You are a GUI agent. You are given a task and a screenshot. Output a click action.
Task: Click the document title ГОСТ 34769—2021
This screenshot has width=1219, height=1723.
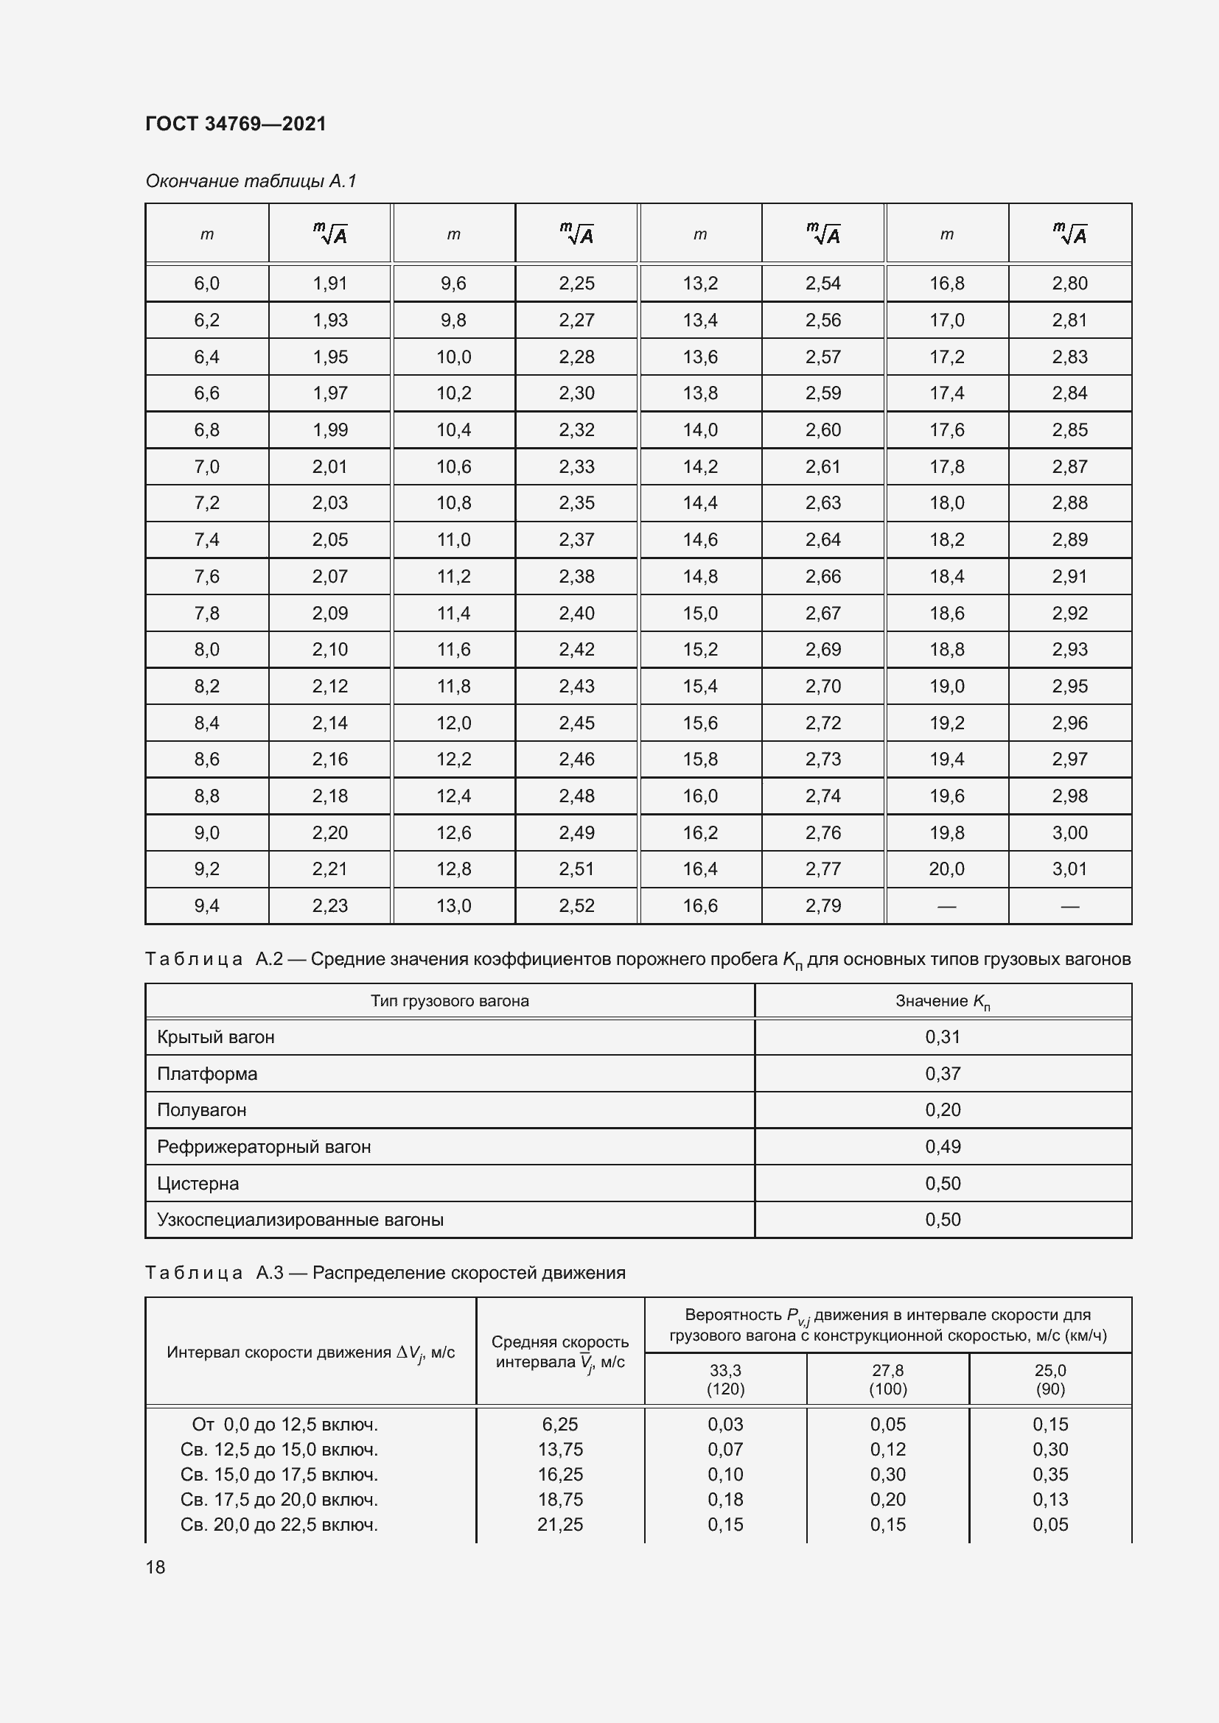236,124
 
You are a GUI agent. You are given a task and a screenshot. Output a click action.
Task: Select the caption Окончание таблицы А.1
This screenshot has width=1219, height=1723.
251,181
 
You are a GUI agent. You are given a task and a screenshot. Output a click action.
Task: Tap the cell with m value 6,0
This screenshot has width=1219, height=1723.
206,284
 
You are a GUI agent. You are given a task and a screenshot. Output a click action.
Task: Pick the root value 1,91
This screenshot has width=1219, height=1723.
329,284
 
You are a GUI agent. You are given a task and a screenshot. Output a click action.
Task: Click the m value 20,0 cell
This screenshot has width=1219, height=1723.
946,869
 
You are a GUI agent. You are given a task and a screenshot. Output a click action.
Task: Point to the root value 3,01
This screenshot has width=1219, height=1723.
1069,869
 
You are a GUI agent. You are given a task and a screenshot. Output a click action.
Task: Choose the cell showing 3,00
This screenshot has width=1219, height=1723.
1069,832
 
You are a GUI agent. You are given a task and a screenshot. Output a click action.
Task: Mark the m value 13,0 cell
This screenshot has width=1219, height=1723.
453,906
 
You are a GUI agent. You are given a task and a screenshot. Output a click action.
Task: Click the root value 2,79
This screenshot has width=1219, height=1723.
822,906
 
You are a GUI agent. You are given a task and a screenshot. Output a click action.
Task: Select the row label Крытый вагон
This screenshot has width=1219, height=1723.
216,1037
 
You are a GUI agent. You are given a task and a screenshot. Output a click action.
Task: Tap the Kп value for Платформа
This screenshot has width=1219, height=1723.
943,1074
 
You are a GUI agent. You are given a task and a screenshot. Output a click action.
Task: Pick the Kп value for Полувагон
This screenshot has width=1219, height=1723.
943,1110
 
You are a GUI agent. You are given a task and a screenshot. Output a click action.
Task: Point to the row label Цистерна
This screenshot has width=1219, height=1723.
198,1184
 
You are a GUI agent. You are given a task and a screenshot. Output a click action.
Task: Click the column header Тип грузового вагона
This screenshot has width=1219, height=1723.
450,1001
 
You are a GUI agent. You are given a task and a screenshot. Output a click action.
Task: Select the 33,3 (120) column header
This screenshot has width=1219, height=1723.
725,1379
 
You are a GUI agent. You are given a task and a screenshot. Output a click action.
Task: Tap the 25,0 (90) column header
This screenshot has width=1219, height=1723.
1050,1379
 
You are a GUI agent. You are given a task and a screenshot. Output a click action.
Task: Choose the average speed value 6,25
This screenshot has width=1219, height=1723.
560,1425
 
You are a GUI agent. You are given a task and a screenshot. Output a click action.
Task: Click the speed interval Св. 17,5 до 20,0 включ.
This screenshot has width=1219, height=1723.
279,1499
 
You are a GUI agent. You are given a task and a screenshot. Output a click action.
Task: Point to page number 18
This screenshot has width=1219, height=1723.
156,1567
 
